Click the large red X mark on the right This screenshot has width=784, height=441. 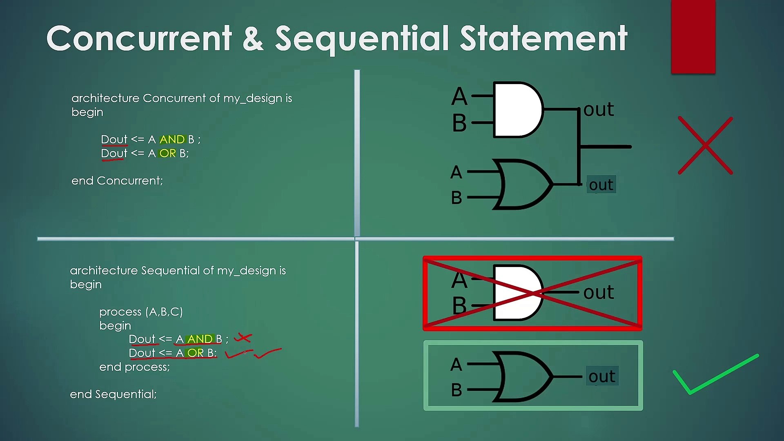tap(705, 145)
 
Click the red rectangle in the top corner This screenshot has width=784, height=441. tap(693, 37)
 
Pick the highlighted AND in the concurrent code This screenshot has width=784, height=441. tap(172, 140)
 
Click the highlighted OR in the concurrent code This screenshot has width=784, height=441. tap(167, 154)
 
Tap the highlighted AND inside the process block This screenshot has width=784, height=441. tap(200, 339)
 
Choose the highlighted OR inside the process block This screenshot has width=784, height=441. tap(195, 353)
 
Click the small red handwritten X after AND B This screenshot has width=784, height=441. tap(243, 338)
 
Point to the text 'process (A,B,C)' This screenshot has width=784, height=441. tap(141, 312)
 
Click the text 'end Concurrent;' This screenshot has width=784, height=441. tap(117, 180)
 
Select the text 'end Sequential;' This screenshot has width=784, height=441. tap(113, 394)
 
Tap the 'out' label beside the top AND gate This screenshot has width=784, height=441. tap(599, 109)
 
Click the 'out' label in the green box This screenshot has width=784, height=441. tap(602, 376)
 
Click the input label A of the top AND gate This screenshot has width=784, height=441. tap(459, 96)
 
